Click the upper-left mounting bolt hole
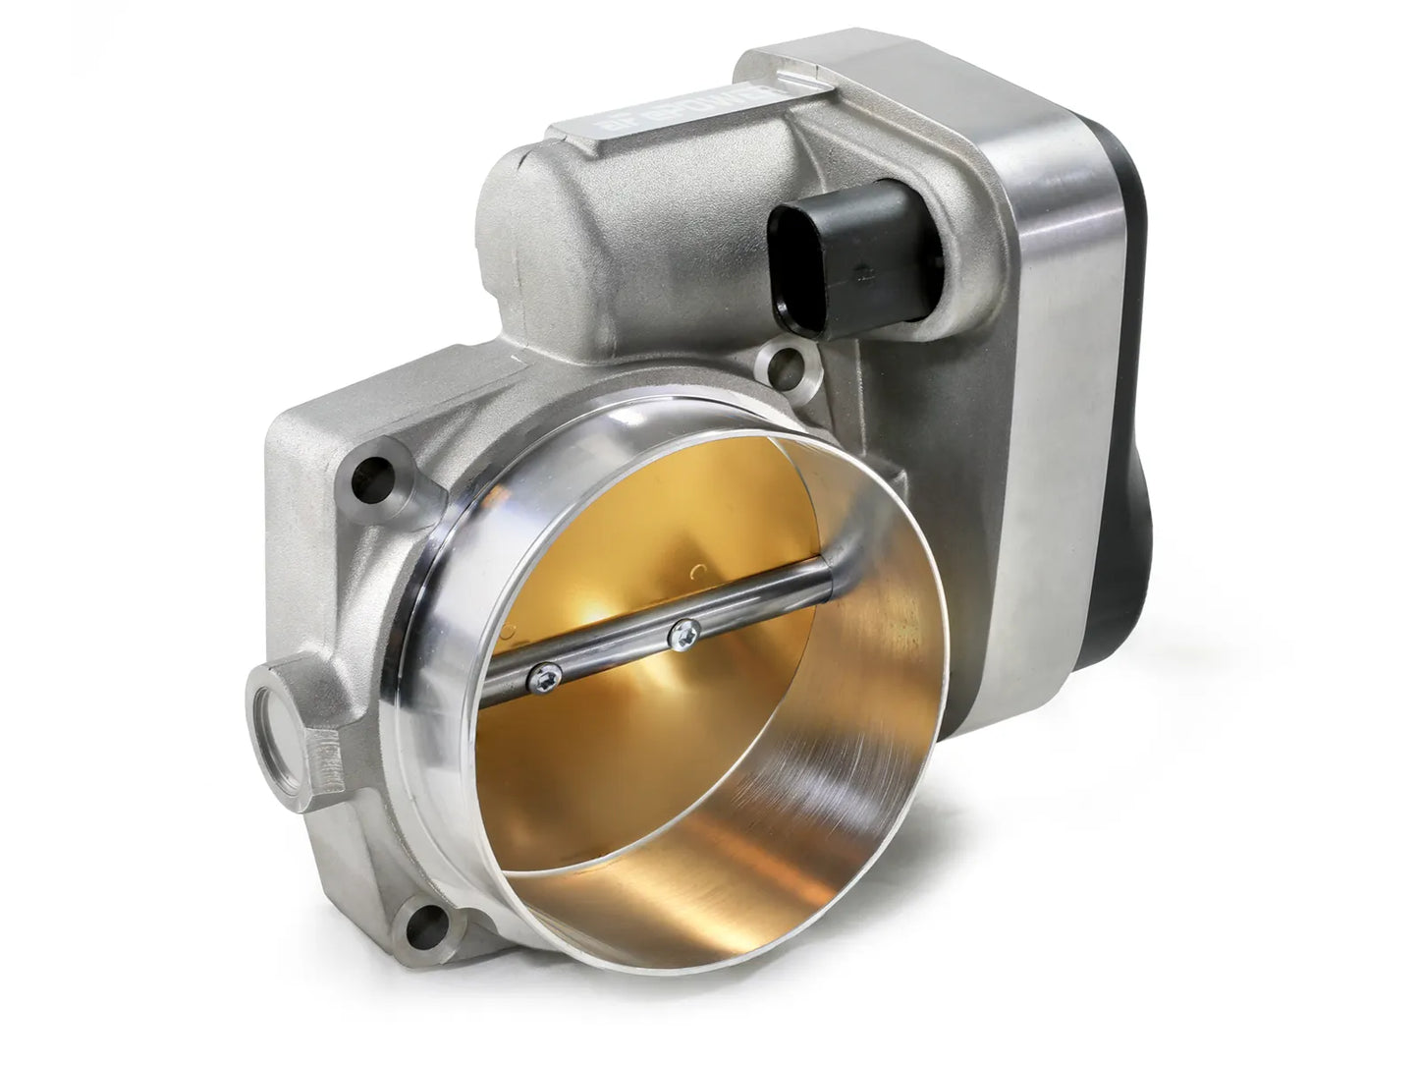click(375, 473)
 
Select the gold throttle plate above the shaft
click(628, 531)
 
